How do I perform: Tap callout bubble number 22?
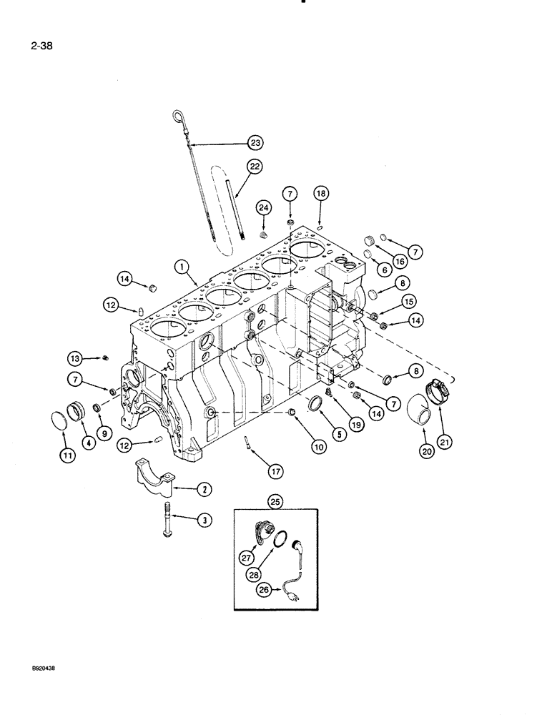[x=254, y=166]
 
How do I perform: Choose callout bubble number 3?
[x=206, y=521]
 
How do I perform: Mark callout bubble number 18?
[x=321, y=193]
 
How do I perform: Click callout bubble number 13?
[x=75, y=357]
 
